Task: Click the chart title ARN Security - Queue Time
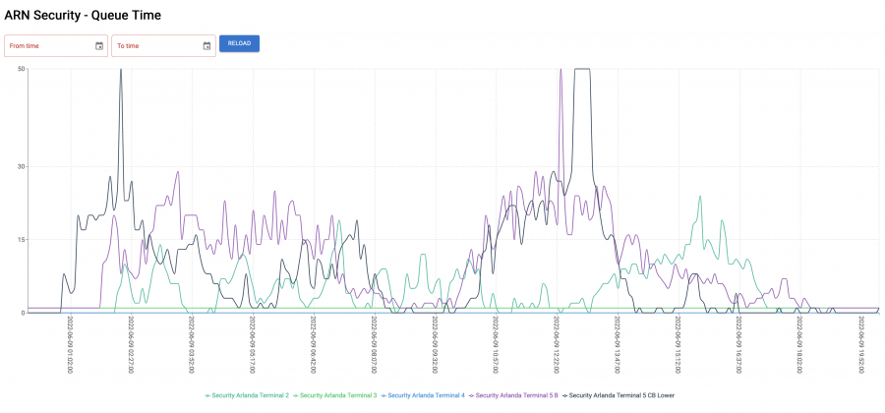click(x=83, y=16)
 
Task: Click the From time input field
click(x=49, y=45)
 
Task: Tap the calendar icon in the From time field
click(x=99, y=45)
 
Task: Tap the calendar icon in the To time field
click(x=206, y=45)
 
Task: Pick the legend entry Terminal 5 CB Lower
click(x=619, y=395)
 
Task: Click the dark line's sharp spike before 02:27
click(x=121, y=71)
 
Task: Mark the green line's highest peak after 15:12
click(x=700, y=196)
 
